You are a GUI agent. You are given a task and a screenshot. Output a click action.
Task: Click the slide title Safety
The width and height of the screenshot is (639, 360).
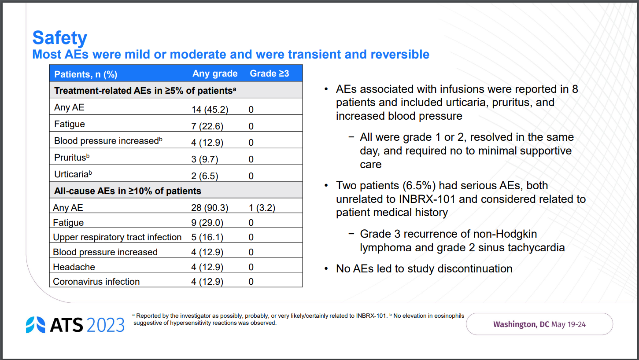pos(59,38)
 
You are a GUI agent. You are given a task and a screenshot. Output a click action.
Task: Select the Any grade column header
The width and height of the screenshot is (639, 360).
pos(215,73)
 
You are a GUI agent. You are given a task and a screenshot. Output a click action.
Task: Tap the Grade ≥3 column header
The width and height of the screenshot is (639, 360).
pos(269,73)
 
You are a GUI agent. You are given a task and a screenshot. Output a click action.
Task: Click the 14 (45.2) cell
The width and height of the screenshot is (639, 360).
pos(210,110)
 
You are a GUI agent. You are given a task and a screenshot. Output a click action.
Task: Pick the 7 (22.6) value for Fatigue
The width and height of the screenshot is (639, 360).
pos(207,126)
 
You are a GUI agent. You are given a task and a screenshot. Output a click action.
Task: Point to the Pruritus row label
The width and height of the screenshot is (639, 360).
pos(72,158)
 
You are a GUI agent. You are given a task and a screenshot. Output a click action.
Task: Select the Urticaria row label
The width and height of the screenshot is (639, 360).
pos(73,174)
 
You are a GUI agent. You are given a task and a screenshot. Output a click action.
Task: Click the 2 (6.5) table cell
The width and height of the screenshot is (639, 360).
pos(204,176)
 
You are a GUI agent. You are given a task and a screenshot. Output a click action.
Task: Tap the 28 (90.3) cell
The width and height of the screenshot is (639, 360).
pos(210,207)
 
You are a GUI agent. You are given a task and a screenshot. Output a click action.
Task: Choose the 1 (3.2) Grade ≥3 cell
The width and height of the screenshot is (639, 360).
pos(262,207)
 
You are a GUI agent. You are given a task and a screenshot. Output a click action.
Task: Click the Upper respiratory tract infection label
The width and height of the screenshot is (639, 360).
pos(117,237)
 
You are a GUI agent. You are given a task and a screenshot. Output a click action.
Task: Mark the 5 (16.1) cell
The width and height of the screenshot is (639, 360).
pos(207,237)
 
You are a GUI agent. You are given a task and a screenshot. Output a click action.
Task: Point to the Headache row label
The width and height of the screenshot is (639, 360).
pos(74,267)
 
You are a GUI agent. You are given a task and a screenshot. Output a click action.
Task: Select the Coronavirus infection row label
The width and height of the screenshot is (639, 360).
pos(96,282)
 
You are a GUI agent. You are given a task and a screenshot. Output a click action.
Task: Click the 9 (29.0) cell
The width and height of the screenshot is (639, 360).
pos(207,223)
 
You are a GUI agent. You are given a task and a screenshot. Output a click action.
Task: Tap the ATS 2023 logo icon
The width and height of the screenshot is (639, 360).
pos(35,325)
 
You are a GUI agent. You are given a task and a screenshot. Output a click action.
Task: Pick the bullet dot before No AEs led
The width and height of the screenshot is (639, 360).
pos(326,269)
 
